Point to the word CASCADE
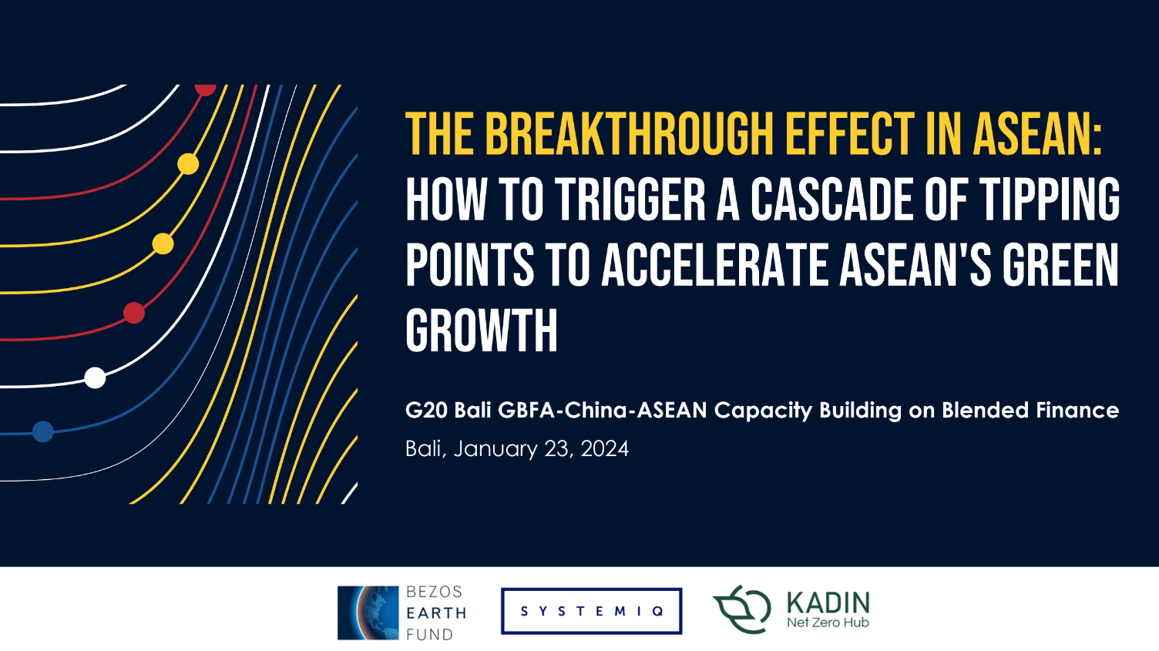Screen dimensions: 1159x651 click(832, 199)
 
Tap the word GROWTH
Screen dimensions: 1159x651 click(482, 331)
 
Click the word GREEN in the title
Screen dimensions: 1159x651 click(1060, 265)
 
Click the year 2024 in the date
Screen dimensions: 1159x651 click(604, 448)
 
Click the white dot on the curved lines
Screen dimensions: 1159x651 click(96, 378)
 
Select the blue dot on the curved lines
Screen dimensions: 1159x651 click(43, 431)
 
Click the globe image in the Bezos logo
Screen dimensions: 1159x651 click(368, 612)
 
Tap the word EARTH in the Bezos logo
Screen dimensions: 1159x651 click(436, 613)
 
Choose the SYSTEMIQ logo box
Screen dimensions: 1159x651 click(591, 611)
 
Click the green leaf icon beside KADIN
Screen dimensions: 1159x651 click(742, 609)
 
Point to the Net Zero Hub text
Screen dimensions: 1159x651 click(828, 622)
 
